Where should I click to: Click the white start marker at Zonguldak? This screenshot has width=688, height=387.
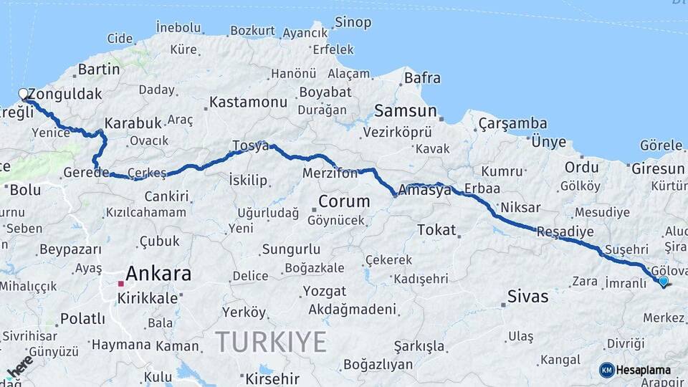23,94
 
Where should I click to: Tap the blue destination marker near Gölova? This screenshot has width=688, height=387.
663,281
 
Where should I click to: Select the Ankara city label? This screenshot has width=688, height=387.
158,274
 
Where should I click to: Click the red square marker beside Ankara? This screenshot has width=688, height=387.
120,284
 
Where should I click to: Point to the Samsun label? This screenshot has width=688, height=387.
406,111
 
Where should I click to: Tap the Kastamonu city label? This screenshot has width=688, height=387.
248,102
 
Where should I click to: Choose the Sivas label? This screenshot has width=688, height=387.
527,296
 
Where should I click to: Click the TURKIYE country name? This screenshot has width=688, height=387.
271,341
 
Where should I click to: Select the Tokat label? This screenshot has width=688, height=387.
436,230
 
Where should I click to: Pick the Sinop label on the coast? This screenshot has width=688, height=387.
353,22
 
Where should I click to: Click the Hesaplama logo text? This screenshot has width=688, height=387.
644,370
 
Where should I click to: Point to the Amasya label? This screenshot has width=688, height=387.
429,191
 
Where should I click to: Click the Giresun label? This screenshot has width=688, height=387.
658,169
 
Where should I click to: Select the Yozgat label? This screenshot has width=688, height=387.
324,292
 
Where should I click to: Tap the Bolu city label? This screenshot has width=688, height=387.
26,191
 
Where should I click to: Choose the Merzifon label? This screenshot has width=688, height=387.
330,174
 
